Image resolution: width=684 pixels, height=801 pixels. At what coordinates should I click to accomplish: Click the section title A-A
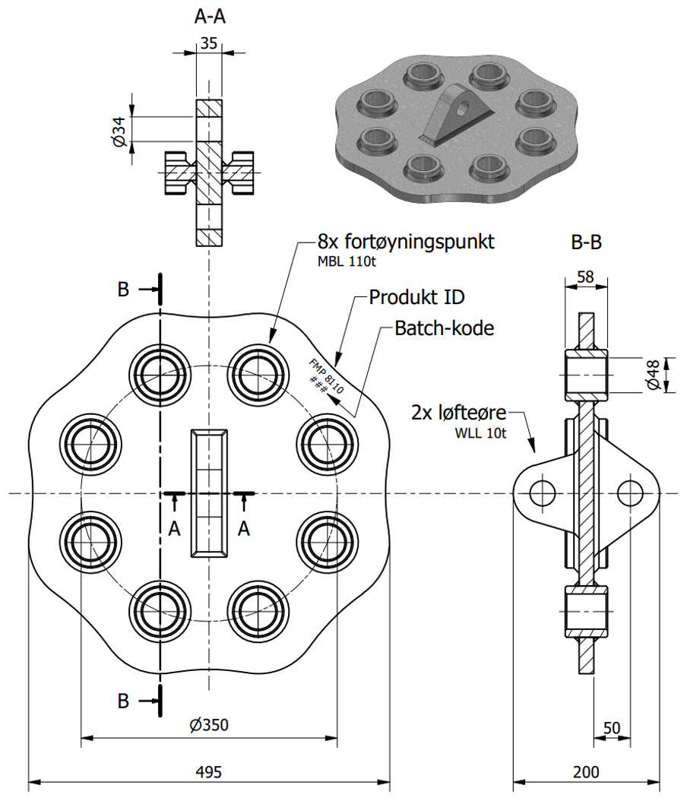point(210,17)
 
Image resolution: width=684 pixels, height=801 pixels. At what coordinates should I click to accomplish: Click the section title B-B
point(586,242)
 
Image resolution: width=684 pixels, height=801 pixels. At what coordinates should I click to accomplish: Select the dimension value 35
point(208,43)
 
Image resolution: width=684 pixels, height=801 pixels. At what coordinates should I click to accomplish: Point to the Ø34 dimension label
point(119,131)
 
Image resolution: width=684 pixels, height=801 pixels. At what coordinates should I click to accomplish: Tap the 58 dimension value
point(585,277)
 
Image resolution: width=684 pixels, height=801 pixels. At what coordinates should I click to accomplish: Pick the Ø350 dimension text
point(208,724)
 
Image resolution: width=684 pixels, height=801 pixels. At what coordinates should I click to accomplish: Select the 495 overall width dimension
point(208,771)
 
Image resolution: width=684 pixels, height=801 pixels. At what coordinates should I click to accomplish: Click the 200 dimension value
point(585,771)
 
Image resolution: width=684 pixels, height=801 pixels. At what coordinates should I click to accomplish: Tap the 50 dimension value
point(611,728)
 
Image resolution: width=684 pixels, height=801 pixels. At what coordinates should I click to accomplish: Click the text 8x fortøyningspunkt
point(406,241)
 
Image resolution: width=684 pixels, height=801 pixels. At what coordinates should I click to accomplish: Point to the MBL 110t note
point(347,261)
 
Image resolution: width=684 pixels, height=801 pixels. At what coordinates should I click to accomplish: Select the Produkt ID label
point(416,297)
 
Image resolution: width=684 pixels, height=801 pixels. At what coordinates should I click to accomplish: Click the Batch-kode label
point(445,328)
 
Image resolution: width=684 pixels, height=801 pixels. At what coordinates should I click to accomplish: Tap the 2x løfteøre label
point(459,412)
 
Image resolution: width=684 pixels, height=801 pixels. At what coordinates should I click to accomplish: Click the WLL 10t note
point(480,433)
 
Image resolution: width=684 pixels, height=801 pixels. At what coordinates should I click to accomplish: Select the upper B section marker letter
point(123,289)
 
